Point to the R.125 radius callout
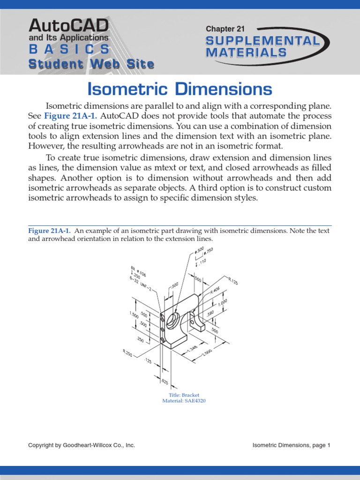tap(233, 281)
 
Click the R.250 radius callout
tap(127, 352)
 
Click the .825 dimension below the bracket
tap(165, 382)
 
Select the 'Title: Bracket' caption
tap(184, 395)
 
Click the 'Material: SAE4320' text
tap(184, 401)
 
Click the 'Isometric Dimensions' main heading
tap(180, 89)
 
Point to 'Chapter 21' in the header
tap(225, 29)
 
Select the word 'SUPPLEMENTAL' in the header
tap(262, 41)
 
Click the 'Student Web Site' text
tap(91, 64)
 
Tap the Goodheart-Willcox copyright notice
tap(82, 445)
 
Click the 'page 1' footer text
tap(322, 445)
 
